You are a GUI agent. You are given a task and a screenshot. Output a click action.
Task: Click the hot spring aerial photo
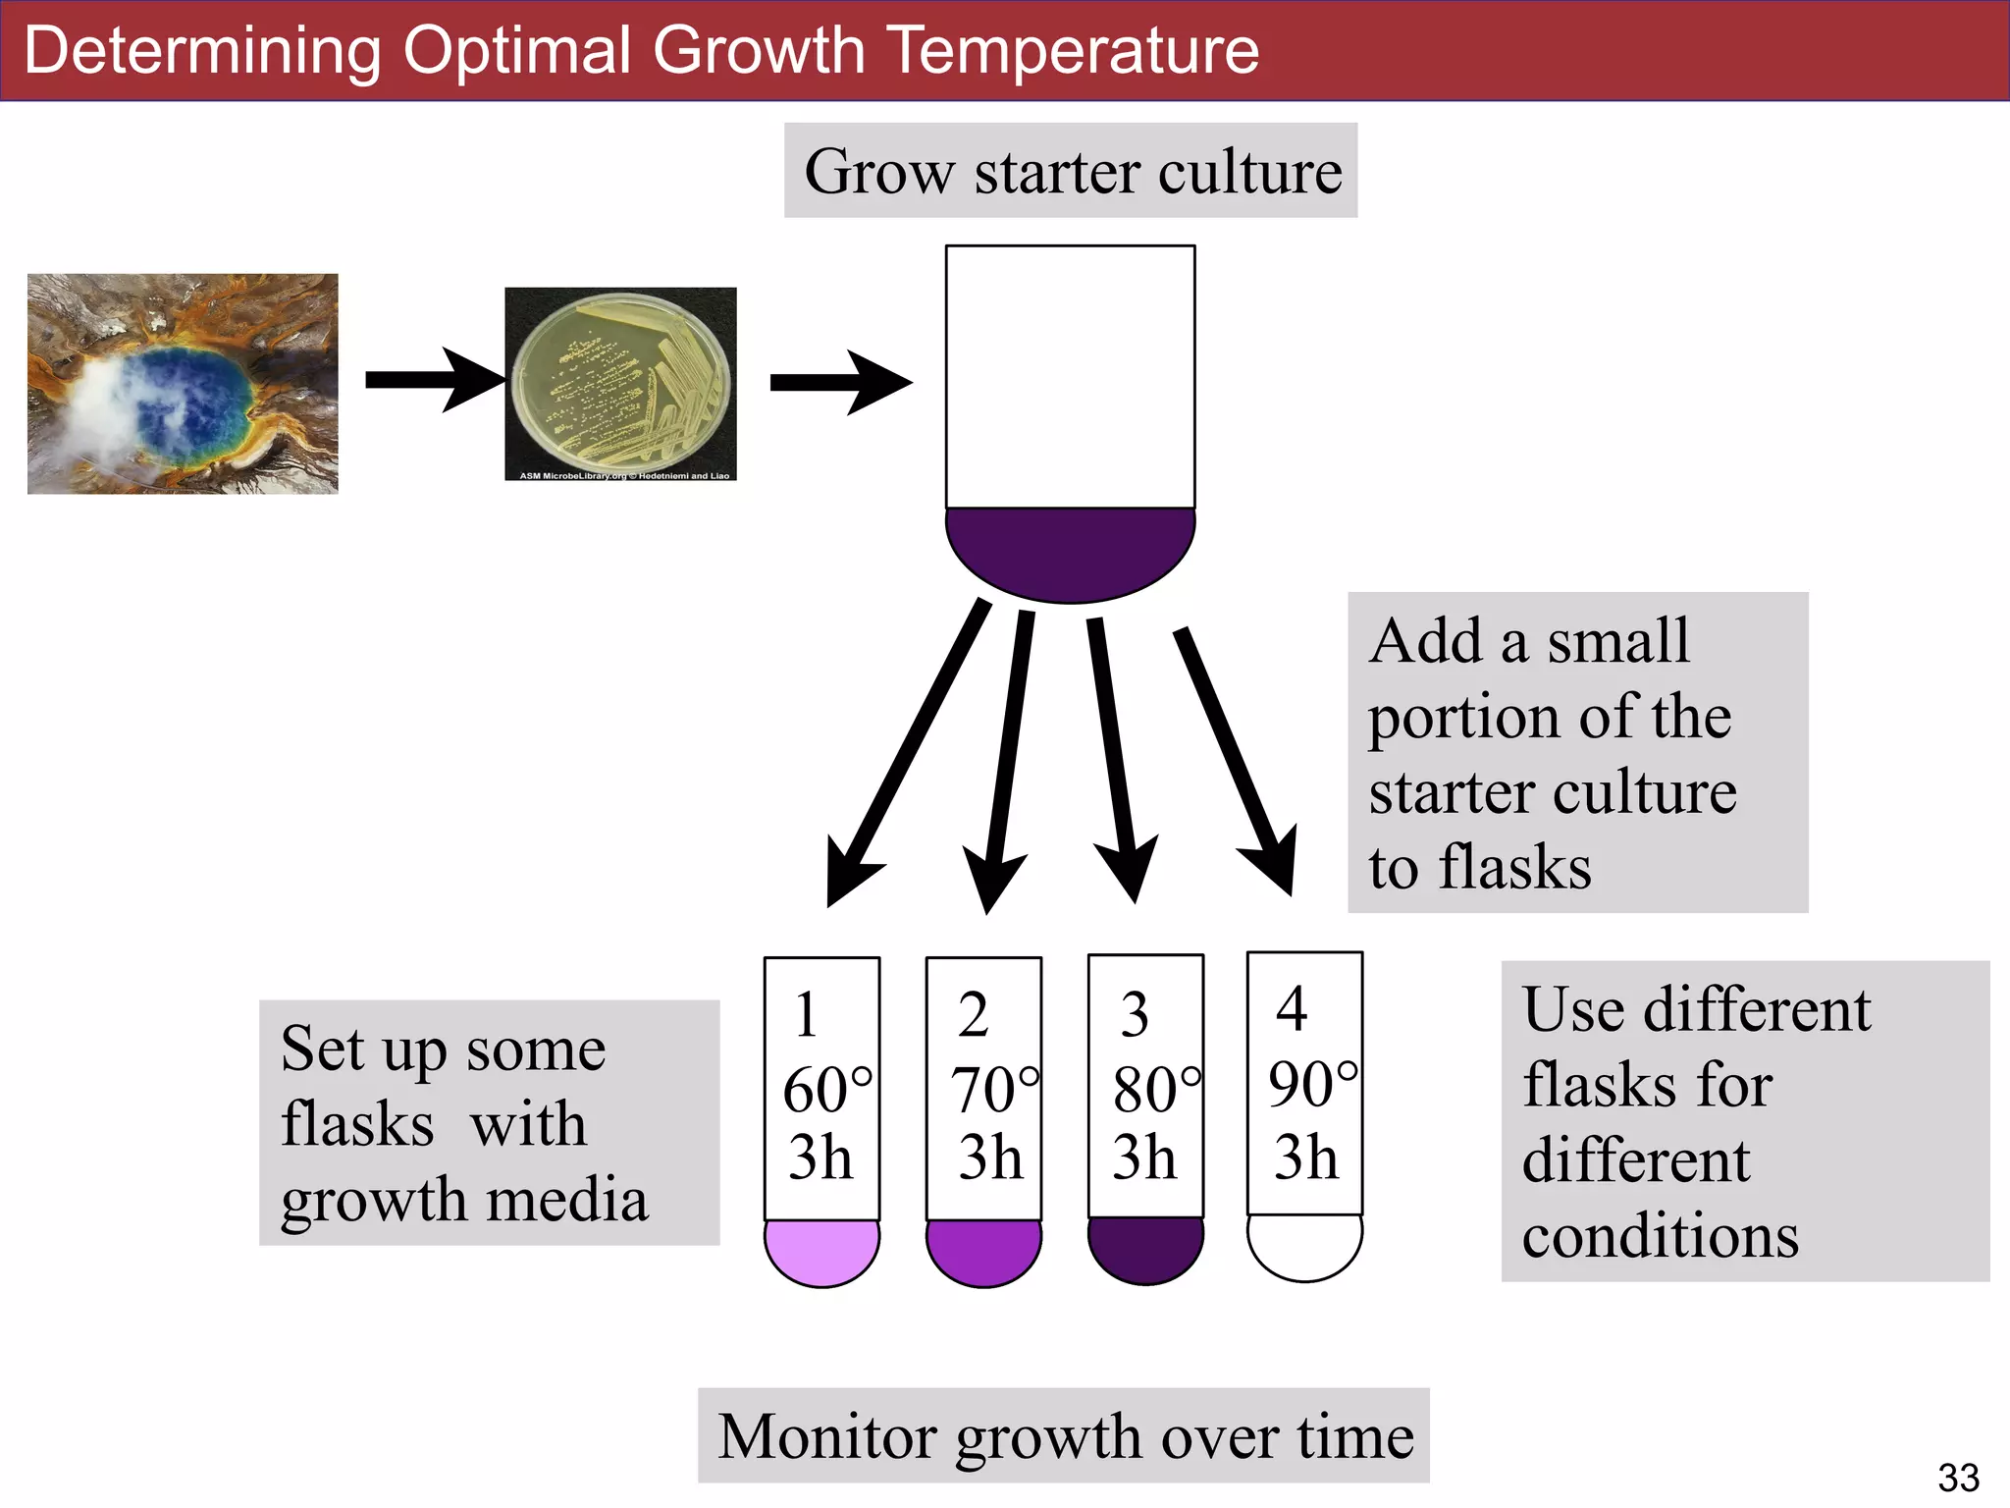[x=183, y=384]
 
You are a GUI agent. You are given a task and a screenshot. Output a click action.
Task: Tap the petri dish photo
[x=620, y=384]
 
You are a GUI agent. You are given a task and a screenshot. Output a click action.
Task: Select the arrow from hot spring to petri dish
[x=432, y=379]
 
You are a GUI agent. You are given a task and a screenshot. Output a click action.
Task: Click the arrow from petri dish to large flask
[x=839, y=382]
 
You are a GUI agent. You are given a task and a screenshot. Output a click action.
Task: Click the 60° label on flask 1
[x=826, y=1090]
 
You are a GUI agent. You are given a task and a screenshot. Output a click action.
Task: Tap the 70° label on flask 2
[x=993, y=1090]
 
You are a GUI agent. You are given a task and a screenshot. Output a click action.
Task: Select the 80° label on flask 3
[x=1155, y=1090]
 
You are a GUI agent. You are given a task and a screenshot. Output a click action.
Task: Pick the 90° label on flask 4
[x=1312, y=1085]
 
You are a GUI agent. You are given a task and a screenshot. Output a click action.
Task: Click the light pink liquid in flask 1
[x=821, y=1251]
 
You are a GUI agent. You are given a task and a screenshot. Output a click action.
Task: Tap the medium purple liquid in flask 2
[x=983, y=1251]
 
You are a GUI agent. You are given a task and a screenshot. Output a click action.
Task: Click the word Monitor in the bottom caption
[x=827, y=1437]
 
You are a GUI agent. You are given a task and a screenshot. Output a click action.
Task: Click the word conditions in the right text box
[x=1660, y=1235]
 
